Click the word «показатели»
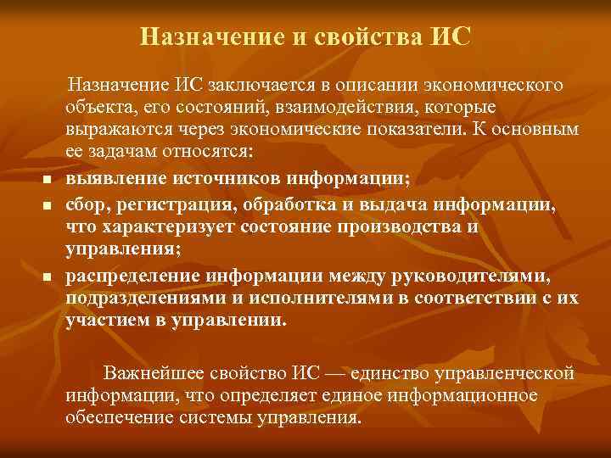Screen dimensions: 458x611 pos(435,131)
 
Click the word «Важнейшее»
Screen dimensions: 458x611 pos(153,374)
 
